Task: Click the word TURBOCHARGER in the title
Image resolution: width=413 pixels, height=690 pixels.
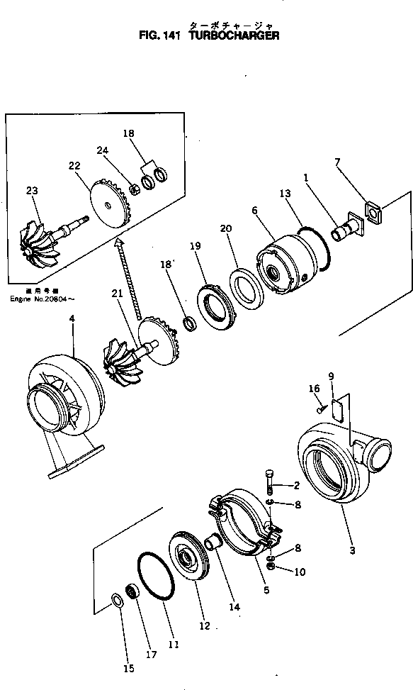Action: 234,35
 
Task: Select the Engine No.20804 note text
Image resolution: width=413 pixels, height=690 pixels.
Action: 40,299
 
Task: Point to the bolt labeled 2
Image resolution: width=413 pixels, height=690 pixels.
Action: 269,481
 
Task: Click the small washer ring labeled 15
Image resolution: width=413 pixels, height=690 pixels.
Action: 117,602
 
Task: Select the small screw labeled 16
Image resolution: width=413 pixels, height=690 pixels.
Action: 321,407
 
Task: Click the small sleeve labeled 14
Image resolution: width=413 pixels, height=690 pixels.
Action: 213,546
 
